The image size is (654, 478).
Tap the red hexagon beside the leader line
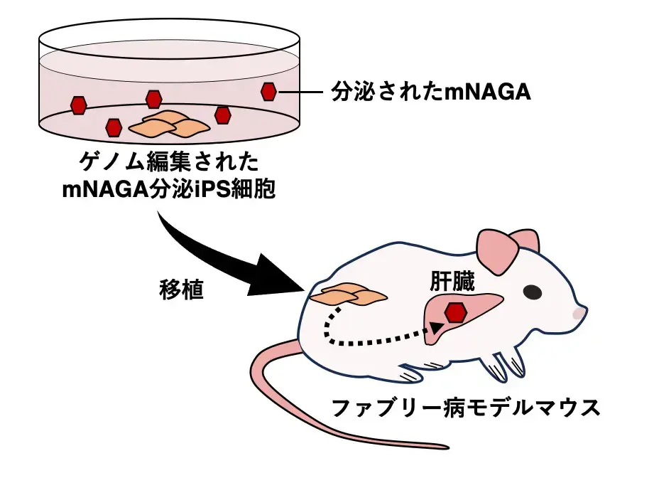click(x=268, y=92)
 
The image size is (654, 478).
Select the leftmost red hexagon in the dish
click(x=78, y=106)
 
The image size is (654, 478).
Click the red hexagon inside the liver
click(x=455, y=312)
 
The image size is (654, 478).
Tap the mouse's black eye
click(x=531, y=292)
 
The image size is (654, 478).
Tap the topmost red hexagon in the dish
click(x=153, y=99)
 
